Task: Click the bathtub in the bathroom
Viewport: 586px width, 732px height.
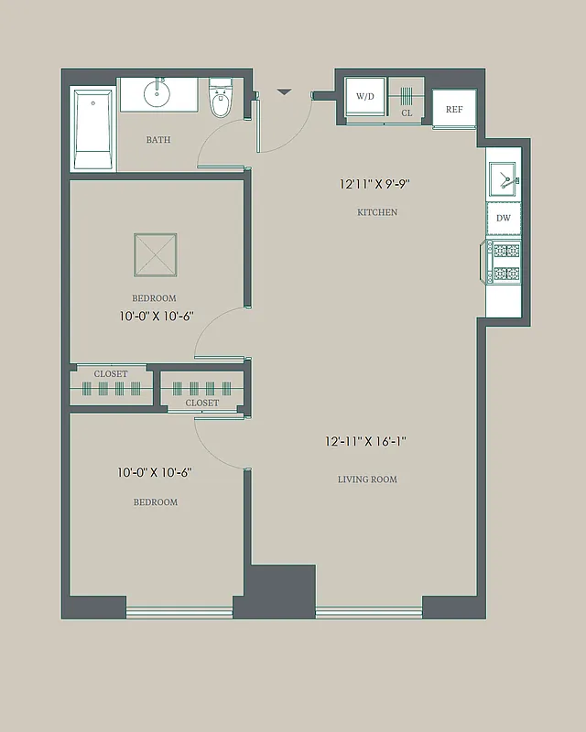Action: click(x=93, y=128)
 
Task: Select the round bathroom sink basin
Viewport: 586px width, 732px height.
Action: click(x=157, y=93)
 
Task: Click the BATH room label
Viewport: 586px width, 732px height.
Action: click(x=158, y=140)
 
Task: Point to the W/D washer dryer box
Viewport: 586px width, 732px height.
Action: click(x=365, y=96)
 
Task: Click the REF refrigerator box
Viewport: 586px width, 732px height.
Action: click(x=453, y=109)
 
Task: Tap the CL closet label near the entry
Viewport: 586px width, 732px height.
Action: click(x=407, y=113)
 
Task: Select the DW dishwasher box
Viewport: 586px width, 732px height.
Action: click(x=503, y=218)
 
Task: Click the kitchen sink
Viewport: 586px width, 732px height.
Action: click(x=503, y=178)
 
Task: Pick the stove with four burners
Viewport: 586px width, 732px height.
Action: click(x=504, y=262)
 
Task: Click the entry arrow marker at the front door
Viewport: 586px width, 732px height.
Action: click(x=284, y=91)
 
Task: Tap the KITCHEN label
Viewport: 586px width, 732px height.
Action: click(x=377, y=212)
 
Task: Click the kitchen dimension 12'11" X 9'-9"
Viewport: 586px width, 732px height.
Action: click(x=374, y=184)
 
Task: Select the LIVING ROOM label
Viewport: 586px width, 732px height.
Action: click(x=367, y=479)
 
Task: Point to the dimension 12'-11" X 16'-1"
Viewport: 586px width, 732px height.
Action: click(x=365, y=441)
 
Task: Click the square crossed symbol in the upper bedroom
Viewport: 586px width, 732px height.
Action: click(x=155, y=254)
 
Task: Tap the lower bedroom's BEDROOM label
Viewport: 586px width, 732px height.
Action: click(x=156, y=502)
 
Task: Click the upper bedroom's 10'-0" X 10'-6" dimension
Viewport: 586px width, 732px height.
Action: click(x=156, y=317)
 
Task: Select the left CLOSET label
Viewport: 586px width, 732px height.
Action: click(x=111, y=374)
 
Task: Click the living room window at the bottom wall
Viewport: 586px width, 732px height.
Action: click(x=368, y=612)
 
